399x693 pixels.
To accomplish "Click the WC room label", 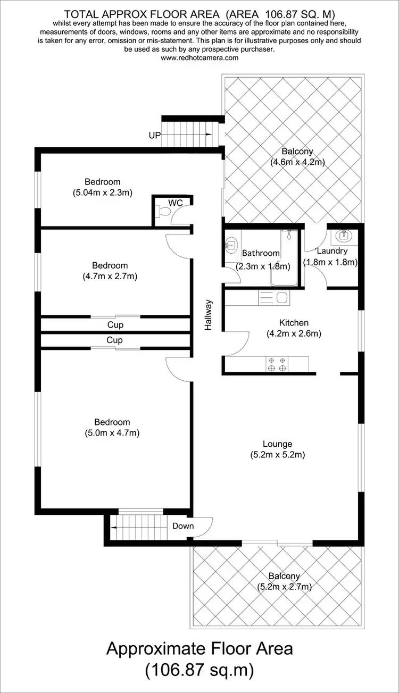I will [176, 203].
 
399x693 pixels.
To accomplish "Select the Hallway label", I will [209, 315].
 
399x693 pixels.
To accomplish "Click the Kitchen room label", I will [294, 323].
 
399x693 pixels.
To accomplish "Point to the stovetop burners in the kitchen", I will [277, 364].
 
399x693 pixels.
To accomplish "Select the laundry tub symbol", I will [343, 236].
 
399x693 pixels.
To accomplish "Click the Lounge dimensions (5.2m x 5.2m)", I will [277, 455].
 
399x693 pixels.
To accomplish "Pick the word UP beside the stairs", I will [155, 136].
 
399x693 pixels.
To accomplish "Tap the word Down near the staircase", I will [183, 526].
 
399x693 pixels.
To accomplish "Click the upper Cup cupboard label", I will [115, 325].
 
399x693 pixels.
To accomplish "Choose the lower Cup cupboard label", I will [115, 340].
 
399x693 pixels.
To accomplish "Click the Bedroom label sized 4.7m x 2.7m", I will [110, 265].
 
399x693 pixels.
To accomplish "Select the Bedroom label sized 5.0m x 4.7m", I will [112, 422].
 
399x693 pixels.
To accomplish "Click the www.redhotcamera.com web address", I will [199, 58].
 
